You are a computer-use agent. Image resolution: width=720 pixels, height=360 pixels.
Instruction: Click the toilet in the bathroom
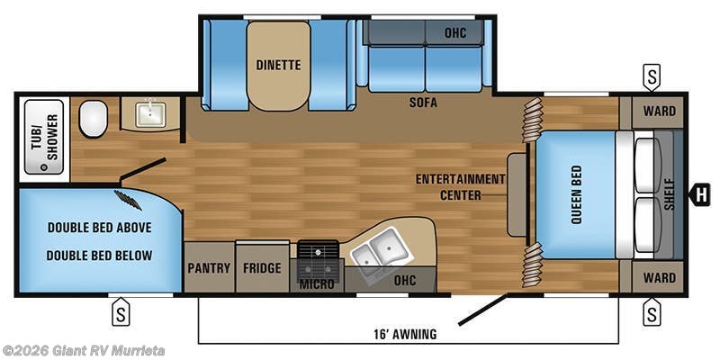[94, 119]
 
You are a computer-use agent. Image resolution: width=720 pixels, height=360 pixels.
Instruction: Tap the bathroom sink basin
[150, 115]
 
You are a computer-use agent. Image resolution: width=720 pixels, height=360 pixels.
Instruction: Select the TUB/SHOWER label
[45, 137]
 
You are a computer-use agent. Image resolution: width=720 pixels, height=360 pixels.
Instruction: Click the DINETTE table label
[278, 65]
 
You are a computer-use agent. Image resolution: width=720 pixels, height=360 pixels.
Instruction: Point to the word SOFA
[423, 103]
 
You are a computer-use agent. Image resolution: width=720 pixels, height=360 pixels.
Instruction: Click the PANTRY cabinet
[210, 266]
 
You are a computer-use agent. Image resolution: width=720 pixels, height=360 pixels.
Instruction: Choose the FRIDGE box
[262, 267]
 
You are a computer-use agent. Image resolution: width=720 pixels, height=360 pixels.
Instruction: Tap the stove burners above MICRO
[319, 259]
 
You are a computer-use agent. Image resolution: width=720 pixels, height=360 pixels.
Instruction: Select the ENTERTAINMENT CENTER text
[461, 187]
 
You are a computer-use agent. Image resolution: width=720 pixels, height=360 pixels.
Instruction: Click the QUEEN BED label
[576, 195]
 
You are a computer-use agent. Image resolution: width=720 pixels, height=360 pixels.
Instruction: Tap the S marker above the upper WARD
[652, 77]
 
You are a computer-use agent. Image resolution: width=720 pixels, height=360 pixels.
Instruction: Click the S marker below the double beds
[121, 311]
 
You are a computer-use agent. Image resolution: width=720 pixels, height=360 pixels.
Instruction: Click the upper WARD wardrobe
[658, 112]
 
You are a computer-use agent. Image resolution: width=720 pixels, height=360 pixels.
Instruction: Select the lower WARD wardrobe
[658, 277]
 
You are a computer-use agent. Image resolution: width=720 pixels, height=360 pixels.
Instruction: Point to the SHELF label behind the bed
[670, 194]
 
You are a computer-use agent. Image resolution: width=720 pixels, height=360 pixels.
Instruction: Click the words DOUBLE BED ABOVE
[100, 228]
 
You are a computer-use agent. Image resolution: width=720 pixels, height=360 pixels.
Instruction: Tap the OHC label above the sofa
[455, 33]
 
